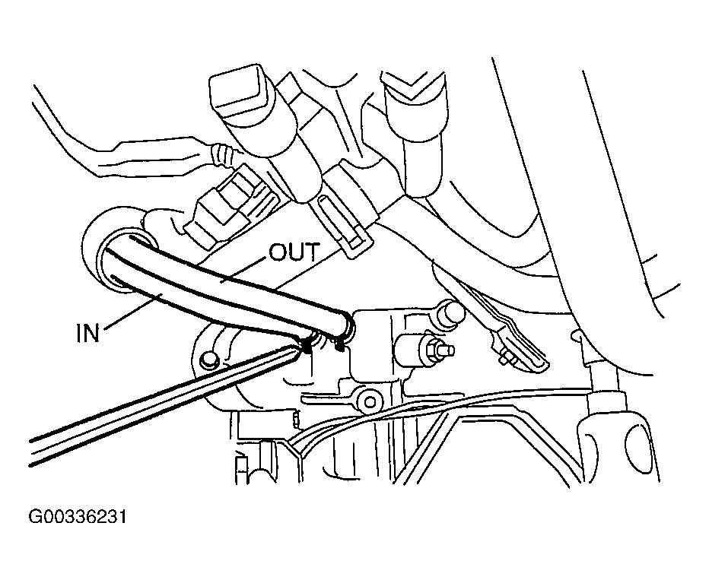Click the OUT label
click(294, 252)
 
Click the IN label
click(87, 334)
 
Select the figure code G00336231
click(78, 517)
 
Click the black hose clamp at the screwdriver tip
click(307, 347)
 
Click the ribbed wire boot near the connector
click(222, 154)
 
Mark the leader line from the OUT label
click(245, 270)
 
